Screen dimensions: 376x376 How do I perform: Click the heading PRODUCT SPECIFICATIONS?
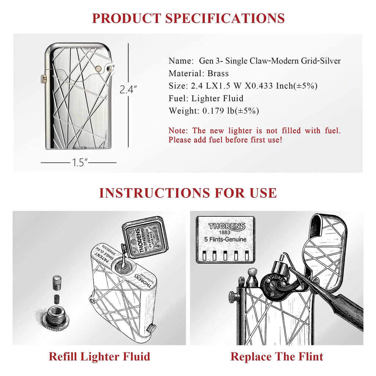coord(188,18)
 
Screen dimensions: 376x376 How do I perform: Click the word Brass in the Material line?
coord(218,73)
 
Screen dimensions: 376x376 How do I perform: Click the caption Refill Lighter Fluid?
coord(100,357)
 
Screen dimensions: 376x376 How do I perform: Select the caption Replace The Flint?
coord(277,357)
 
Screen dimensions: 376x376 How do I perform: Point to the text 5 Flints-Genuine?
coord(225,240)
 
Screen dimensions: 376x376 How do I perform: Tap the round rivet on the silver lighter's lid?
coord(98,68)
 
